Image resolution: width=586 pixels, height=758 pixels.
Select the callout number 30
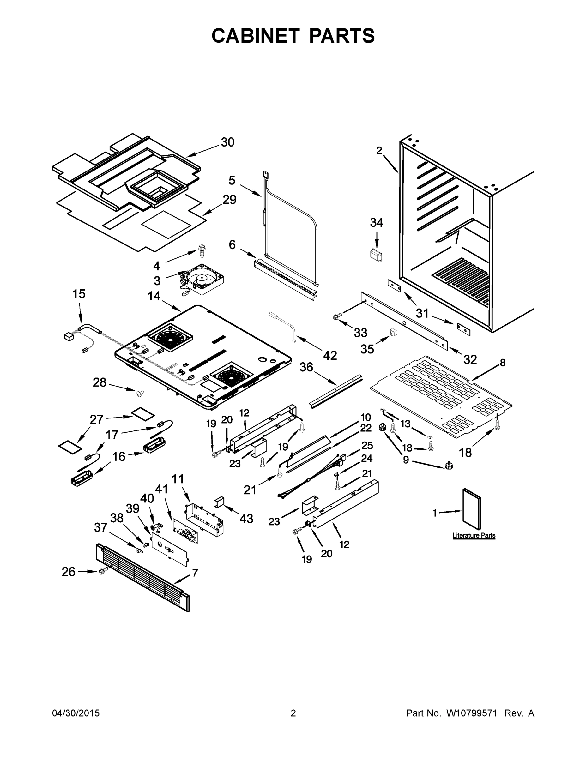coord(227,142)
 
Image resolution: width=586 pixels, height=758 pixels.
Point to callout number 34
coord(376,222)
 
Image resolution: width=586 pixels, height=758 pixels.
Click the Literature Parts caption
coord(474,536)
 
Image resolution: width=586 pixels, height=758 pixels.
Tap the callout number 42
coord(330,355)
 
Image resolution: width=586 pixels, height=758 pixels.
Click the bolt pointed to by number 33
coord(336,316)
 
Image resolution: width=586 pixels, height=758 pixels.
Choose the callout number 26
coord(68,572)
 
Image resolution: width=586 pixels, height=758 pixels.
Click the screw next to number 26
coord(103,570)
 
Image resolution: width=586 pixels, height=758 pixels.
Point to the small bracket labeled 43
coord(220,502)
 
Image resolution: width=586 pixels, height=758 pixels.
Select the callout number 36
coord(306,367)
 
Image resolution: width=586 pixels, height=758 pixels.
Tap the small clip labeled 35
coord(393,333)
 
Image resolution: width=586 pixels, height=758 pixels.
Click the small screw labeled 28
coord(140,393)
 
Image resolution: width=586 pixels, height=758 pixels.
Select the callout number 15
coord(79,294)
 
